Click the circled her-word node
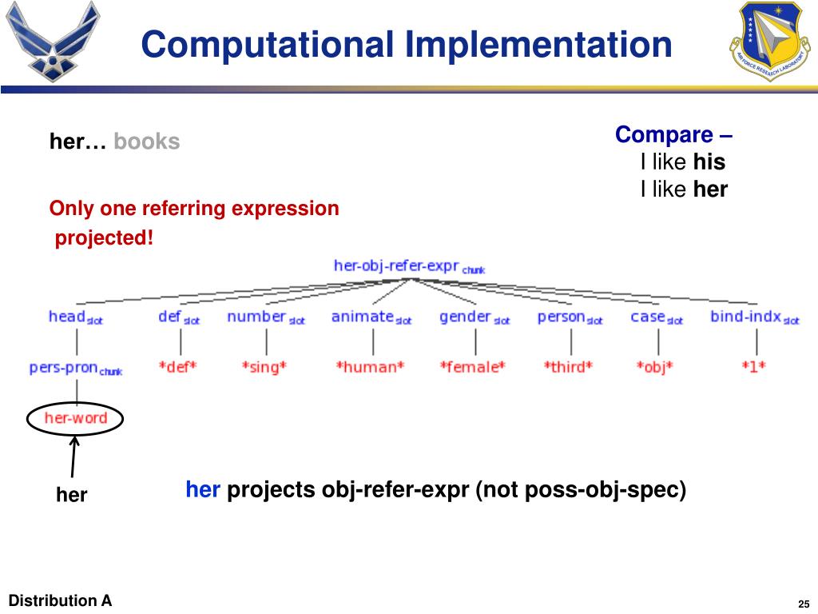click(x=75, y=418)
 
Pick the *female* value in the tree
click(x=472, y=368)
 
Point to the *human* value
click(x=370, y=368)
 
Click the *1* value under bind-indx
click(x=753, y=368)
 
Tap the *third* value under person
click(x=569, y=368)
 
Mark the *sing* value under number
click(x=264, y=368)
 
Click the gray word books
click(x=147, y=142)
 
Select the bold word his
click(x=709, y=163)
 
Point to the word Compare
click(x=664, y=134)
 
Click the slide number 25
click(x=804, y=603)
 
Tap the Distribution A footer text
click(x=60, y=600)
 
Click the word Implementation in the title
click(x=538, y=45)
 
